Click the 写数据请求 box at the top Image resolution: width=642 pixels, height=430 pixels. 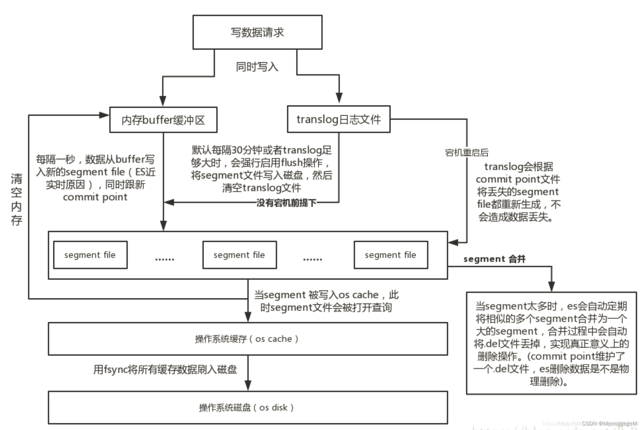click(257, 32)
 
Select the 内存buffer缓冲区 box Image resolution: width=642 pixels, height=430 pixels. click(163, 120)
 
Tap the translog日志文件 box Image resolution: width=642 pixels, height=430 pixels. click(338, 119)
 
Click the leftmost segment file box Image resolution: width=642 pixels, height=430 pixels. click(90, 255)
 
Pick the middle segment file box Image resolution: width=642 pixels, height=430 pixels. click(239, 255)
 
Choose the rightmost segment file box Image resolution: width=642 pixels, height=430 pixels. click(391, 255)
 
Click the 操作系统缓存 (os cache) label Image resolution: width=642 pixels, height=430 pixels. click(247, 339)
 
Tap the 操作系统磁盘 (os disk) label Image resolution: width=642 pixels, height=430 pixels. click(247, 408)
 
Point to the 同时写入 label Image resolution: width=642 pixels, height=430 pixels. click(257, 67)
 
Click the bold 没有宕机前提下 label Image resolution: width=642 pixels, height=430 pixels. click(286, 203)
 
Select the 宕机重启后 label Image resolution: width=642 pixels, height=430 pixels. click(466, 153)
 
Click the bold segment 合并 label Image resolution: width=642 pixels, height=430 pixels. click(494, 259)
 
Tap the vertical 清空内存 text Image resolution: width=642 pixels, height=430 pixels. click(17, 199)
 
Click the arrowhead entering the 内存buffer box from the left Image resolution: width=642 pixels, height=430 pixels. click(104, 115)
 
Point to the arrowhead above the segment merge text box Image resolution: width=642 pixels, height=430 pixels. click(551, 286)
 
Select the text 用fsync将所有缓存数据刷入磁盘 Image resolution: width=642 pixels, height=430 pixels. click(165, 370)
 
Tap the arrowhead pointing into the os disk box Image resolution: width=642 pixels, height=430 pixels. click(248, 385)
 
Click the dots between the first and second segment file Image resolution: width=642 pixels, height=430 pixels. click(165, 259)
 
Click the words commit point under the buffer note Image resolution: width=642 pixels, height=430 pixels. click(95, 197)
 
